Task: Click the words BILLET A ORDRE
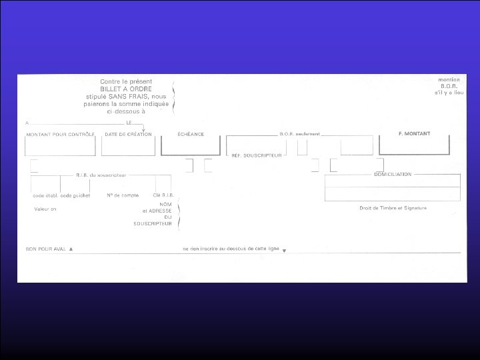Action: (126, 89)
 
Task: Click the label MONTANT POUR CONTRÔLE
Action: (61, 134)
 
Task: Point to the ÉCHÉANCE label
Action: (191, 134)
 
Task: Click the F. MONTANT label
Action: (414, 133)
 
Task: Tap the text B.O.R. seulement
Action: (300, 134)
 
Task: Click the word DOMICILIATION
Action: (393, 174)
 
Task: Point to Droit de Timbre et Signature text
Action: (392, 208)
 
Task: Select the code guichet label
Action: (75, 195)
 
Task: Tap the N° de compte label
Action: (122, 195)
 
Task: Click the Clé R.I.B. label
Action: (163, 195)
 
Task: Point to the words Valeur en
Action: (46, 209)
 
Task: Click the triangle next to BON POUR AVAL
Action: (71, 248)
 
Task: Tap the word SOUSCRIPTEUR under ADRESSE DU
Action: (153, 223)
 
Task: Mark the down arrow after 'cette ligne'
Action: (284, 251)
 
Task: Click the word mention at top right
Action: (450, 79)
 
